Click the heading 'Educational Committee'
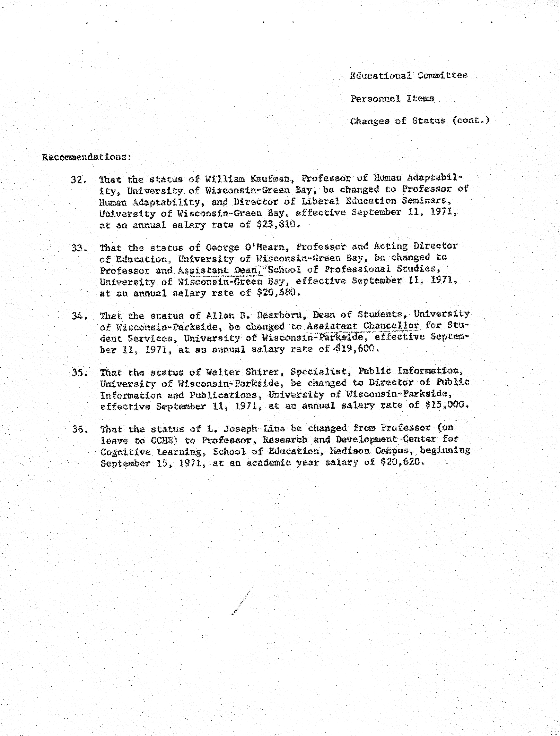pos(408,76)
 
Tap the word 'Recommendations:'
pos(87,157)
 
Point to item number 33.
pos(79,248)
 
